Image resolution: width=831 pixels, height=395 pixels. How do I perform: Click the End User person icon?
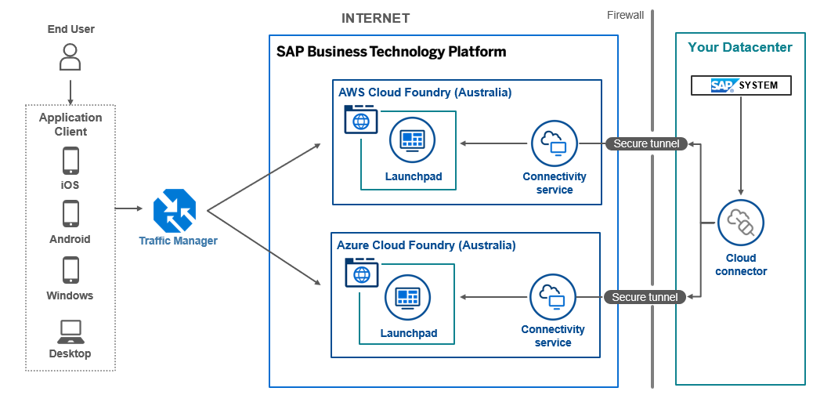point(70,57)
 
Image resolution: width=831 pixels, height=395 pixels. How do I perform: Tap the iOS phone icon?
point(70,161)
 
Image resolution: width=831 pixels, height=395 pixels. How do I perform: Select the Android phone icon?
point(70,214)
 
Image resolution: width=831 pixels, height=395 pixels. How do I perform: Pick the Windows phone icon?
point(70,270)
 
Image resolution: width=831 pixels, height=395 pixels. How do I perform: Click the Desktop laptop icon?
point(70,331)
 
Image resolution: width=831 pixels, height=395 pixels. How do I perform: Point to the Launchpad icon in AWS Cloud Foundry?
point(412,140)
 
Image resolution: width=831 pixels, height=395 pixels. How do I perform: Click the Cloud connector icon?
point(740,223)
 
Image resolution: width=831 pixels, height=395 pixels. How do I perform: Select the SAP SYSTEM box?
point(741,85)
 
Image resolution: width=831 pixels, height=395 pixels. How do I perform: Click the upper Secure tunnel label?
point(646,143)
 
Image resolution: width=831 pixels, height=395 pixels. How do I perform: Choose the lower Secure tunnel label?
point(645,297)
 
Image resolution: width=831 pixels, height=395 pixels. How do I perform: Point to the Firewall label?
point(625,15)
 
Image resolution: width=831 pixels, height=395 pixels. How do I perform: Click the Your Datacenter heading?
point(740,47)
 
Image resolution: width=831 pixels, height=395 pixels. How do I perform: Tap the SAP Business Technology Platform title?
point(392,52)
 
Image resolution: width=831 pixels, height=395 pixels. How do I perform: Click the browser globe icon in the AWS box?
point(361,121)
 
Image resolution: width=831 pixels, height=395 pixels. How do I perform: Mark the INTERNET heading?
point(375,18)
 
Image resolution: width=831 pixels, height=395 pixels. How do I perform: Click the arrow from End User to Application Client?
point(70,91)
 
